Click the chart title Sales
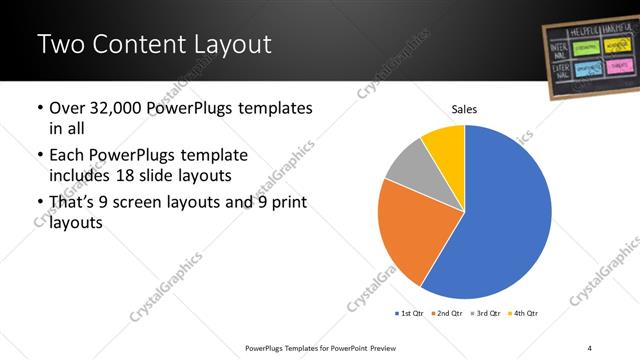465,108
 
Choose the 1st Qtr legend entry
411,314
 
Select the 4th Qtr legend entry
526,314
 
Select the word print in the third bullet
285,204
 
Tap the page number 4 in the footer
590,347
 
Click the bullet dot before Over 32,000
38,109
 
